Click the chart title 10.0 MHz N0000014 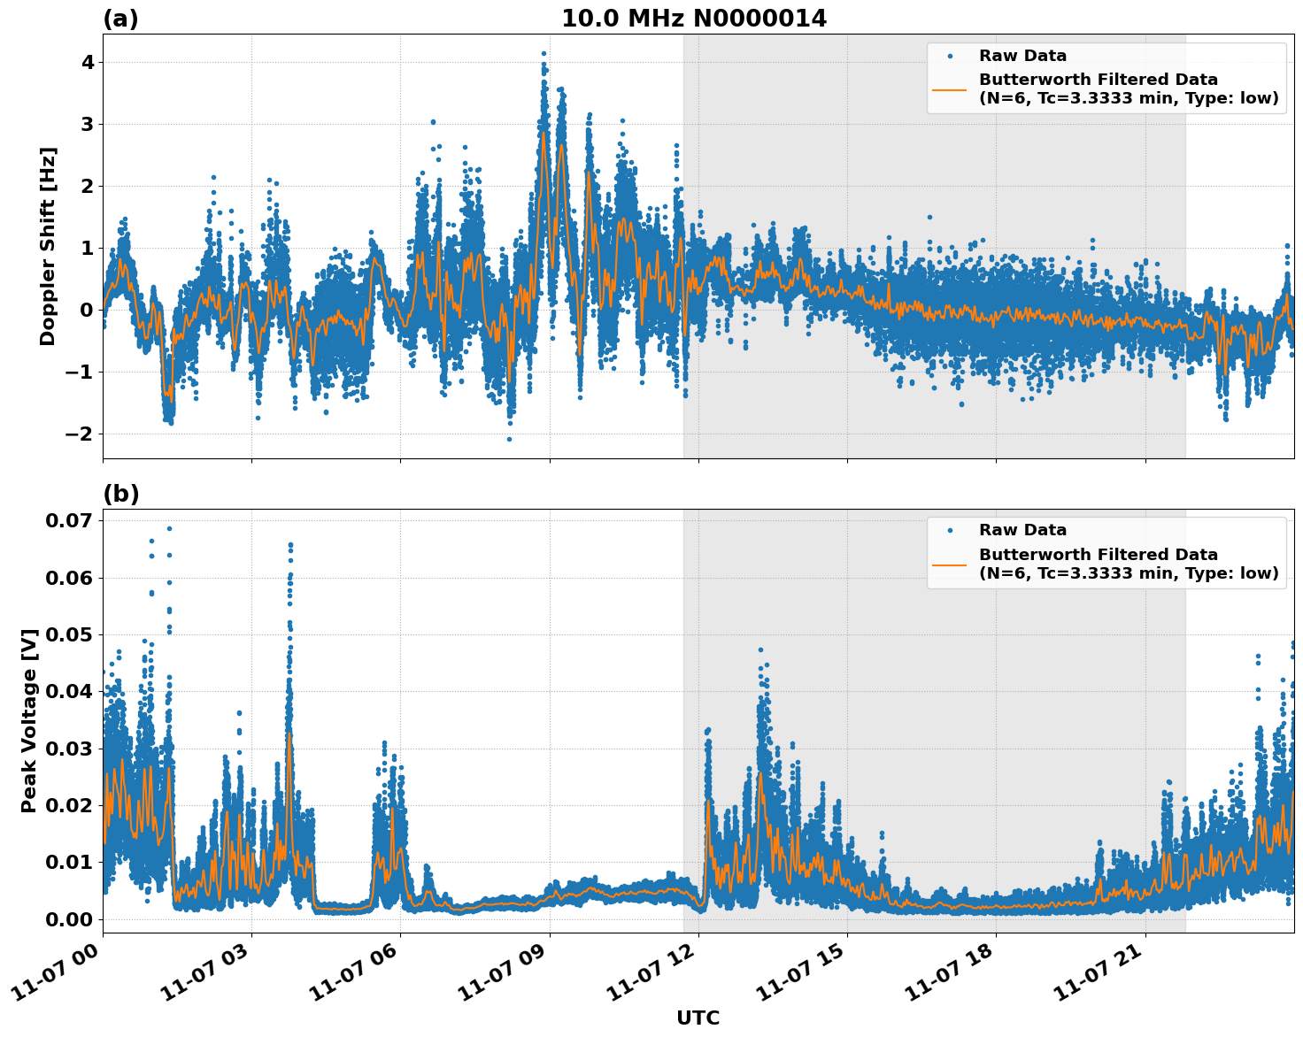pos(693,19)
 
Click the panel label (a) pos(120,19)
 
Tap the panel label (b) pos(120,494)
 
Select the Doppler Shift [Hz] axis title pos(48,246)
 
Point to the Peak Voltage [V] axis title pos(29,720)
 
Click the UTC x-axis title pos(698,1018)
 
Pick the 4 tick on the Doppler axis pos(88,62)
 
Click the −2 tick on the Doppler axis pos(79,434)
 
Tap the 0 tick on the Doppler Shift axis pos(87,310)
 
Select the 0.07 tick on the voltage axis pos(69,520)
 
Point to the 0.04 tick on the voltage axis pos(69,691)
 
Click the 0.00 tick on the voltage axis pos(69,919)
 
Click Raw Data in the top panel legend pos(1022,56)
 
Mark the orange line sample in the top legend pos(950,88)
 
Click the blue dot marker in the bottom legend pos(950,530)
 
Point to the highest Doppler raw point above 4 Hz pos(544,54)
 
